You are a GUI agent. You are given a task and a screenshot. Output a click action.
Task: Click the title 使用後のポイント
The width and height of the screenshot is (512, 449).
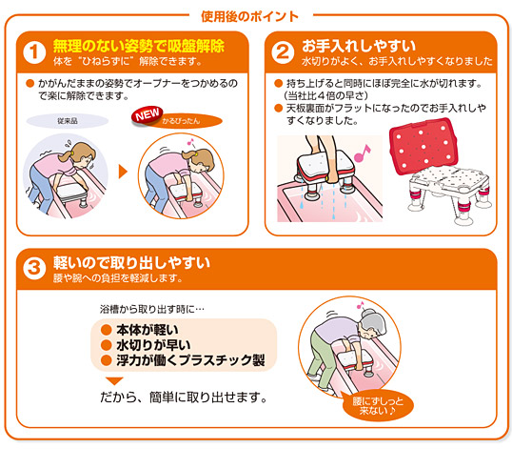[249, 16]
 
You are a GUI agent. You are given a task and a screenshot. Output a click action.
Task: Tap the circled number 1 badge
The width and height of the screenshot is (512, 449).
[34, 52]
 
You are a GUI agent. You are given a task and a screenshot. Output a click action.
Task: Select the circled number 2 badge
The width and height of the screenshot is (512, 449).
[283, 52]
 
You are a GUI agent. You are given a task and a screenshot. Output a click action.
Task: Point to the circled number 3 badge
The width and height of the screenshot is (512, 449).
[34, 269]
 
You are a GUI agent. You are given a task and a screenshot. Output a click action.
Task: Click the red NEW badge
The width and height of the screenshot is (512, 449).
[148, 115]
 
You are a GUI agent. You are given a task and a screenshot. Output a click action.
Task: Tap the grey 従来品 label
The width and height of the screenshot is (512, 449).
[68, 121]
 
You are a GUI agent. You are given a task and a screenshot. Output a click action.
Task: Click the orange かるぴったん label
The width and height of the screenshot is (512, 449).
[187, 121]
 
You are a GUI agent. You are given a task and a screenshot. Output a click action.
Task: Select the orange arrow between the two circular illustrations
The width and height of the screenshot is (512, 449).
[123, 172]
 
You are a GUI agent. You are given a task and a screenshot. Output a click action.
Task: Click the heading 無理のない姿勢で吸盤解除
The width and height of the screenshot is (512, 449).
[139, 46]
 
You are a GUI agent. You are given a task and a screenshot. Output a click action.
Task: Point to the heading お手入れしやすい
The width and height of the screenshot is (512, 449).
[359, 46]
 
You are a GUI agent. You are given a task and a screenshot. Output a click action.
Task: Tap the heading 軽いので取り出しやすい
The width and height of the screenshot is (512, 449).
[131, 262]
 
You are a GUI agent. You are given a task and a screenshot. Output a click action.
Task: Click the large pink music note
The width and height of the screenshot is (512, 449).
[363, 153]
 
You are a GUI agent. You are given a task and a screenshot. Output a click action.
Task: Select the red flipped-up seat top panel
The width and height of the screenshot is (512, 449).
[423, 146]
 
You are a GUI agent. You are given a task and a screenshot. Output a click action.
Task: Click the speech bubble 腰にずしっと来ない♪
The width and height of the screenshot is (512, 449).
[378, 405]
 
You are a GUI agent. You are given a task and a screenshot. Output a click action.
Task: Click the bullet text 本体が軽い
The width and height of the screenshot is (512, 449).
[148, 330]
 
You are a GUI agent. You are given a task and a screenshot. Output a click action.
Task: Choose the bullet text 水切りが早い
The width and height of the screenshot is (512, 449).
[153, 345]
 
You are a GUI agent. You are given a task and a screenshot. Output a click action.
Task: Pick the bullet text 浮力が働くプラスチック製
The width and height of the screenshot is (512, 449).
[190, 360]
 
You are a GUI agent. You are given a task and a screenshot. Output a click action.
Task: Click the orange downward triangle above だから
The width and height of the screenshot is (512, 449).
[114, 381]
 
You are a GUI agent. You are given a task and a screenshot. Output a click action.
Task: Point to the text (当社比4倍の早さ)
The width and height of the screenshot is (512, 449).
[326, 96]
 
